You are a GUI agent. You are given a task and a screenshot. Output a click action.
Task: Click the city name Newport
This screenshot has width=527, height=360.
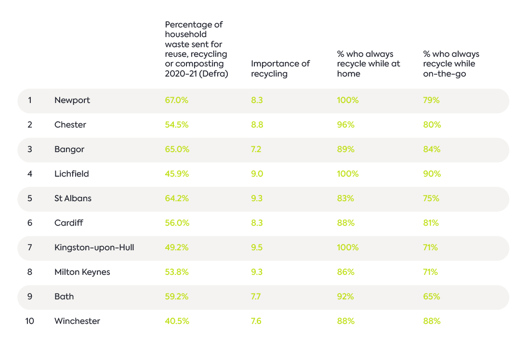point(72,100)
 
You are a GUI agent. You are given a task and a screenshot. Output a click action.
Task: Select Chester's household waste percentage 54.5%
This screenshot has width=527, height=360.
point(176,125)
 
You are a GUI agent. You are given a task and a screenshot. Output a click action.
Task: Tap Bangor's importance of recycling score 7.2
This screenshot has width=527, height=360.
point(256,149)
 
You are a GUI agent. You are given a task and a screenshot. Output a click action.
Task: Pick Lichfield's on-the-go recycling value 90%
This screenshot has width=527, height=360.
point(432,174)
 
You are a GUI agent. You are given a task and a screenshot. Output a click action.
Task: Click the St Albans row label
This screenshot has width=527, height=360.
point(73,198)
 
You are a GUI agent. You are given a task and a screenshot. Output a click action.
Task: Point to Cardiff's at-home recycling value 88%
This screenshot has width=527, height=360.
point(346,223)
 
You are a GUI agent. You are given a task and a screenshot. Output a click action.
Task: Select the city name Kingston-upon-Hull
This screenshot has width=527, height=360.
point(94,247)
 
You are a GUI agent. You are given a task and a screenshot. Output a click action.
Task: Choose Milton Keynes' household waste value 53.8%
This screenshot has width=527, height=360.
point(176,272)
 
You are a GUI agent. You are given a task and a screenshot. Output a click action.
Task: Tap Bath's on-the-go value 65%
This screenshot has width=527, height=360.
point(432,296)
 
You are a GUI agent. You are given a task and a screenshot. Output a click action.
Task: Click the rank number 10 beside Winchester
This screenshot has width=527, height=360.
point(29,321)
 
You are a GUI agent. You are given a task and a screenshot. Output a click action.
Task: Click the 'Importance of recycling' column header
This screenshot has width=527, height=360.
point(280,68)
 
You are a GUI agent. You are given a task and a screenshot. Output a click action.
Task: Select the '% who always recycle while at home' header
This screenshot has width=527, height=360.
point(369,64)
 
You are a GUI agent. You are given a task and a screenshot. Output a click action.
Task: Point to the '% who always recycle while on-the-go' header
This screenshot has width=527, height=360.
point(451,64)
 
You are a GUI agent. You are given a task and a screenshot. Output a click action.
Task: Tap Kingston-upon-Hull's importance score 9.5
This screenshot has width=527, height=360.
point(257,247)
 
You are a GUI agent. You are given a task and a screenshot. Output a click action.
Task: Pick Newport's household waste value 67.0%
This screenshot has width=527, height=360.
point(176,100)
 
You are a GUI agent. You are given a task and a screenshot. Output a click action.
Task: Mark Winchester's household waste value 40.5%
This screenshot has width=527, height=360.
point(177,321)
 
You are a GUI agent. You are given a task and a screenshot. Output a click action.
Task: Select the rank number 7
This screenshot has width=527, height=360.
point(30,247)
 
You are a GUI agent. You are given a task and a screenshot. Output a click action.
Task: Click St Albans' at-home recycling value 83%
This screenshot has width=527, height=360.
point(345,198)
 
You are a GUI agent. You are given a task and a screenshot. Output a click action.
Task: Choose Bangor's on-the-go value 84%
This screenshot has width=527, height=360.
point(432,149)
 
